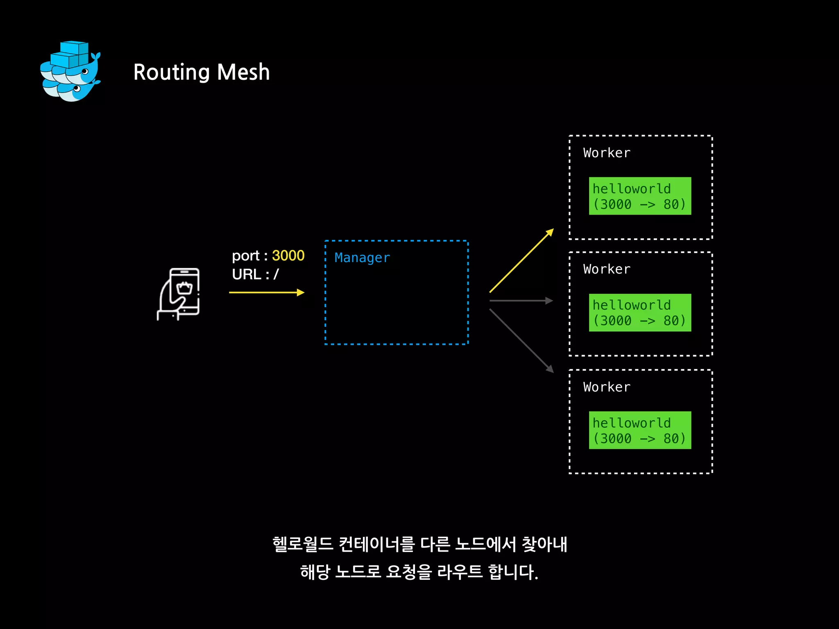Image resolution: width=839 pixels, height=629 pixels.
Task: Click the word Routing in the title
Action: pos(171,72)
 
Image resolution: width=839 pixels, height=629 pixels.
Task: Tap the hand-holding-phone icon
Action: pos(179,294)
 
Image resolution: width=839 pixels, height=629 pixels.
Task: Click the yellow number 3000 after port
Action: pos(288,256)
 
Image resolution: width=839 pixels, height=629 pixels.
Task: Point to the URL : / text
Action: pos(255,274)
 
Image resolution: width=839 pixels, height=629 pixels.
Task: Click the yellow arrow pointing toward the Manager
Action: pos(266,292)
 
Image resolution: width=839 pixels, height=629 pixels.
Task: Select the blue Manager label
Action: pos(362,258)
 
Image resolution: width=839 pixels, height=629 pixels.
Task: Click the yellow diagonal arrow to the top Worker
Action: pos(522,261)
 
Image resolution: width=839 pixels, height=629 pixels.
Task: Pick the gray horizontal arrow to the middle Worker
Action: pos(521,301)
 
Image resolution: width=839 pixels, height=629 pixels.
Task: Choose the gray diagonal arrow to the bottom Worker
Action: pos(522,341)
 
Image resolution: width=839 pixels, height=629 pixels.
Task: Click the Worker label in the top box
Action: pos(607,153)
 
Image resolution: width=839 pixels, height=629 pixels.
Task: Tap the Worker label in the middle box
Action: pos(607,269)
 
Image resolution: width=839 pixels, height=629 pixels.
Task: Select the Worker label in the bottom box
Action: pos(607,387)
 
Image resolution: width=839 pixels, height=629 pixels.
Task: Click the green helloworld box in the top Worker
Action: pos(640,196)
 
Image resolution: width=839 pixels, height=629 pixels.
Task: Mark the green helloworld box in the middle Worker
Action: pos(640,312)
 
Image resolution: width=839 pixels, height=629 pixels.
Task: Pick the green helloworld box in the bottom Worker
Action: pos(640,430)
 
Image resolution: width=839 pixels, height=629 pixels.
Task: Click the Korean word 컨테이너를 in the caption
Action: pos(377,545)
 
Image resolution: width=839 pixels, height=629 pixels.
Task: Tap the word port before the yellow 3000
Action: pos(245,256)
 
